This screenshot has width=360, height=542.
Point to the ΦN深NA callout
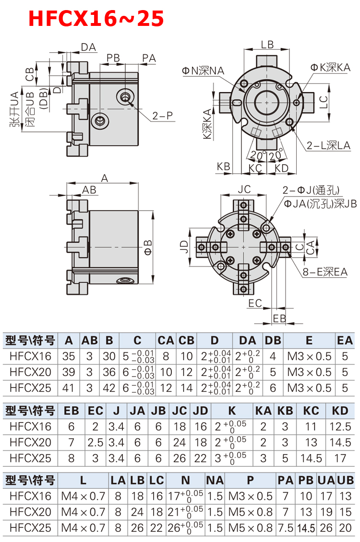202,70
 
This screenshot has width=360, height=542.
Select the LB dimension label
267,44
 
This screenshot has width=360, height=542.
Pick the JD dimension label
183,247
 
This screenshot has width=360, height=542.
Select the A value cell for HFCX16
69,356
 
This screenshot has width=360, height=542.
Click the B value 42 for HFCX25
109,387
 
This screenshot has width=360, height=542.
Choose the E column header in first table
309,341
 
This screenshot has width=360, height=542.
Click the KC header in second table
312,411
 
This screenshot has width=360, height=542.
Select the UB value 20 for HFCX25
345,528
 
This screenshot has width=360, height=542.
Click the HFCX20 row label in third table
30,512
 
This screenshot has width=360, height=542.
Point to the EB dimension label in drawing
279,318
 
